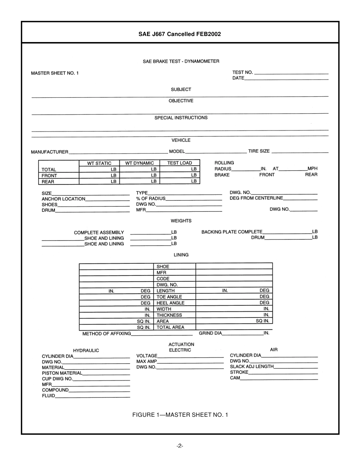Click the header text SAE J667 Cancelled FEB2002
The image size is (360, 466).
[180, 34]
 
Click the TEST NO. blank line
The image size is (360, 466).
[291, 73]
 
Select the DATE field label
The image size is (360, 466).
[238, 78]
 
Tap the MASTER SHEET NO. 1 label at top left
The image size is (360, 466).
[55, 73]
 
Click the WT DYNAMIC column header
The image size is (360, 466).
[139, 163]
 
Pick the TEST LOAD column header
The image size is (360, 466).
[180, 163]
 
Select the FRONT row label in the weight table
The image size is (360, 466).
[49, 176]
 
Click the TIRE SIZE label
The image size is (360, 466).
[259, 151]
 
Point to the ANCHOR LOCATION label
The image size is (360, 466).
[63, 199]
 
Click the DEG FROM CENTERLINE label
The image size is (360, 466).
[256, 198]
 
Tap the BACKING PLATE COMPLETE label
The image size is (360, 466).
[232, 232]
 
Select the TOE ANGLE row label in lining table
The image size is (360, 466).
[169, 297]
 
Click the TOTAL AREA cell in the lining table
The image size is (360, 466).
[170, 327]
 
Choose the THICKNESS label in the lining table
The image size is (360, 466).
[169, 315]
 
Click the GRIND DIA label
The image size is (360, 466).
[210, 333]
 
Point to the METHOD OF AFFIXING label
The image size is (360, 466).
[106, 334]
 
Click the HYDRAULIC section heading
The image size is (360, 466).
[86, 350]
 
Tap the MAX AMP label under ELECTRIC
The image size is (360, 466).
[146, 361]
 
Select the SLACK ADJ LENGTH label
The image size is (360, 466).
[252, 367]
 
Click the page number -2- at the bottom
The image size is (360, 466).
[180, 446]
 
